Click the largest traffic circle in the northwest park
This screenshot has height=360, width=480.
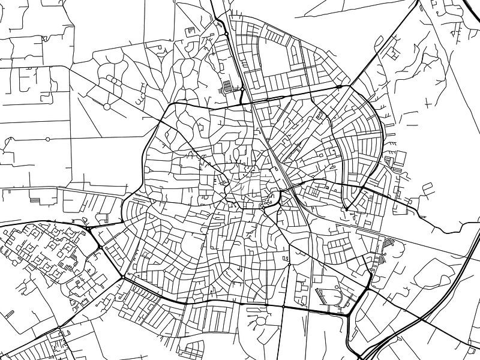(x=106, y=106)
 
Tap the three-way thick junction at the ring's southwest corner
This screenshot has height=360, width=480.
(x=123, y=277)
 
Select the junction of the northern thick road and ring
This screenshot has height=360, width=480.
(x=242, y=102)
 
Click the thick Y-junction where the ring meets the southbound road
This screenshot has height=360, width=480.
(x=349, y=312)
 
